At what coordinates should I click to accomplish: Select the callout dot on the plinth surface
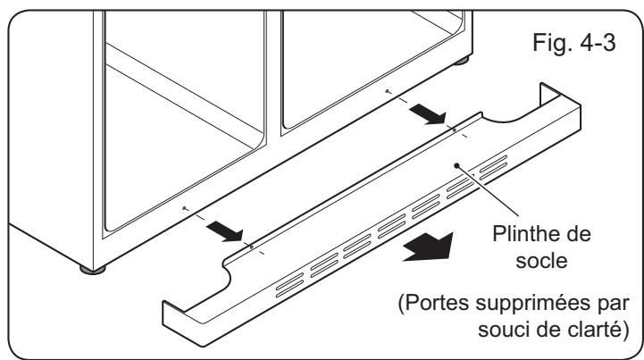point(457,164)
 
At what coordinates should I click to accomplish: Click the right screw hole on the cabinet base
point(385,91)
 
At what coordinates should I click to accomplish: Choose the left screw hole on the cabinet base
point(183,207)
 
